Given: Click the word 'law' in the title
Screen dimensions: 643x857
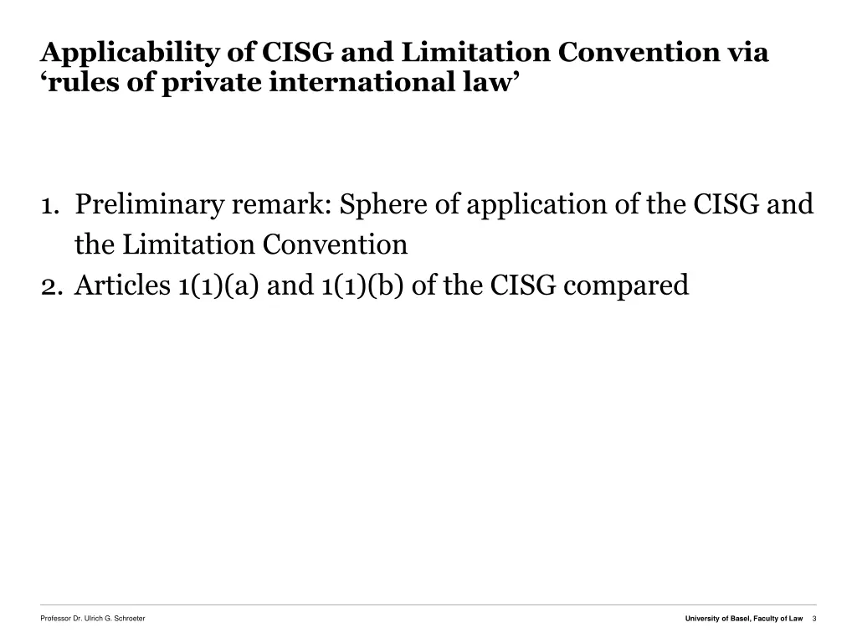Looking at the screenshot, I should [x=489, y=84].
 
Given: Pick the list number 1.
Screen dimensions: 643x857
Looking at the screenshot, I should [x=49, y=205].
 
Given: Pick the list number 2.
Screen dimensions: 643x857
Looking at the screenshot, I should [x=49, y=286].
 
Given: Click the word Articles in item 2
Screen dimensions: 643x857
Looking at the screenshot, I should [x=122, y=286].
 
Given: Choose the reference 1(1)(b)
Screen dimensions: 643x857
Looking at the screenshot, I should [x=362, y=286].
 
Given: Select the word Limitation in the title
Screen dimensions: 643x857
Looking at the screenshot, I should [x=475, y=53].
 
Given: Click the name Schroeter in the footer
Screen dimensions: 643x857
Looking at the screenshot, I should [x=129, y=618].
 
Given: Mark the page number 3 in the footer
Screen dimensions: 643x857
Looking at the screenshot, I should [x=813, y=618].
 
